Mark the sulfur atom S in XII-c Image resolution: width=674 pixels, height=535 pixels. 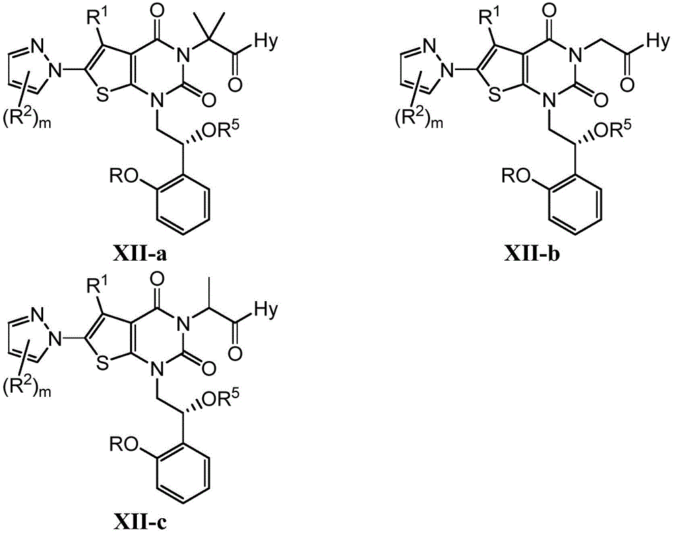[102, 364]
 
